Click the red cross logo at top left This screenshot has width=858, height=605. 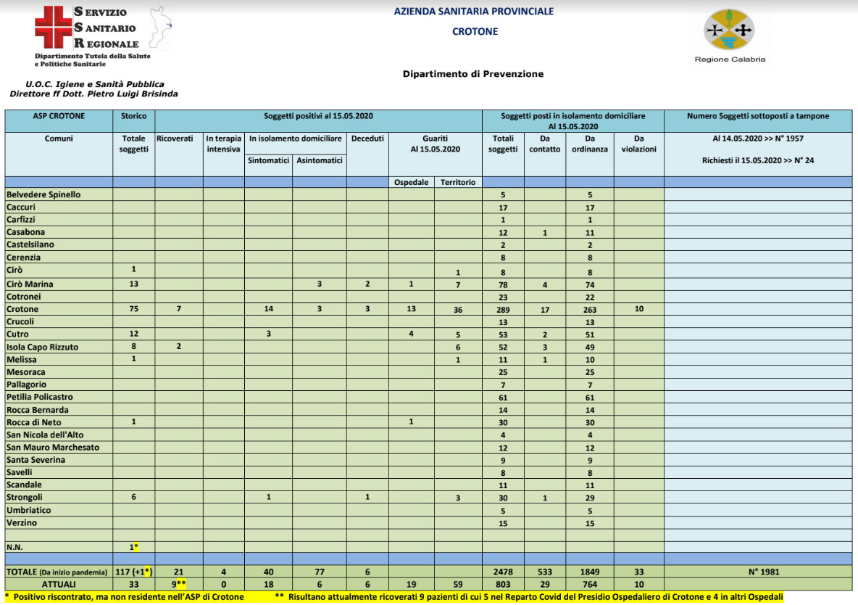pyautogui.click(x=54, y=28)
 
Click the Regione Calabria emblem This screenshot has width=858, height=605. pyautogui.click(x=729, y=30)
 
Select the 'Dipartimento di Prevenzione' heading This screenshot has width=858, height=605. pyautogui.click(x=472, y=74)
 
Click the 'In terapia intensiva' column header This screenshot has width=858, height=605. pyautogui.click(x=223, y=143)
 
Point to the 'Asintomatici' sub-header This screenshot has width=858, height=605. pyautogui.click(x=319, y=160)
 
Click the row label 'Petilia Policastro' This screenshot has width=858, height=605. pyautogui.click(x=40, y=398)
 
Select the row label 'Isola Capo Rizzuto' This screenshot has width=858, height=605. pyautogui.click(x=42, y=347)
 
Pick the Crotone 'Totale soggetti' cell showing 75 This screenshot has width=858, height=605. pyautogui.click(x=133, y=310)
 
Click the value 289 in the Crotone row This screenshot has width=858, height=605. pyautogui.click(x=503, y=310)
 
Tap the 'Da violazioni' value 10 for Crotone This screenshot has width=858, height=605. pyautogui.click(x=638, y=310)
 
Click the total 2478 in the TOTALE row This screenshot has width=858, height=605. pyautogui.click(x=503, y=572)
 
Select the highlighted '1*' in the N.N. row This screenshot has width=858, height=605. pyautogui.click(x=133, y=546)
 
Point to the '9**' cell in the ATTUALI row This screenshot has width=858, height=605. pyautogui.click(x=178, y=584)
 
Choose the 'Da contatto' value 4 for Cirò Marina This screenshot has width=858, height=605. pyautogui.click(x=545, y=284)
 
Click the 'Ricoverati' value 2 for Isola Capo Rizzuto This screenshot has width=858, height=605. pyautogui.click(x=178, y=347)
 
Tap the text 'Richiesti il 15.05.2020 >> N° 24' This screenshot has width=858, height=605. pyautogui.click(x=758, y=160)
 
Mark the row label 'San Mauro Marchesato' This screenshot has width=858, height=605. pyautogui.click(x=53, y=448)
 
